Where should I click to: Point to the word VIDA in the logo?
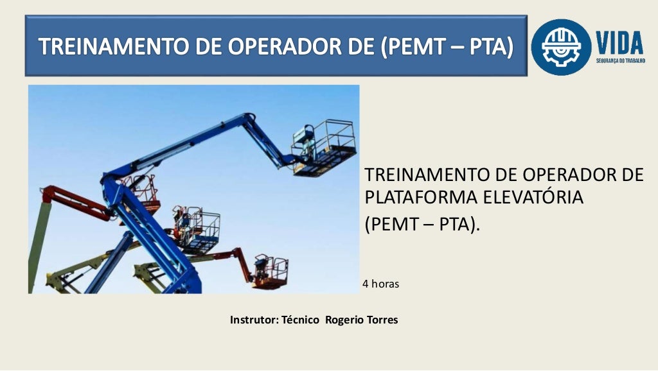pyautogui.click(x=619, y=43)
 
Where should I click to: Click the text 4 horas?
pyautogui.click(x=380, y=283)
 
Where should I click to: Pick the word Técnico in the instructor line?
pyautogui.click(x=300, y=320)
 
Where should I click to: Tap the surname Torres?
pyautogui.click(x=382, y=320)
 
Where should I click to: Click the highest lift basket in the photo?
pyautogui.click(x=324, y=148)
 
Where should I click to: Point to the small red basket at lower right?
pyautogui.click(x=270, y=272)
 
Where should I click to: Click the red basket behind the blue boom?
pyautogui.click(x=143, y=193)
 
